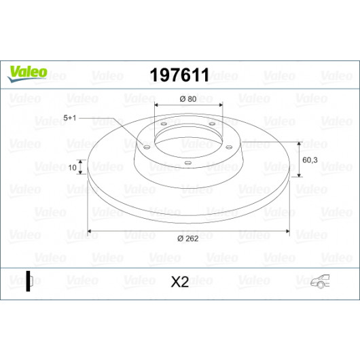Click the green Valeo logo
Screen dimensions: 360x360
pyautogui.click(x=27, y=73)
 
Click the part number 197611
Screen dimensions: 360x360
pyautogui.click(x=179, y=75)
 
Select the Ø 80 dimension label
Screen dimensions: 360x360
pyautogui.click(x=188, y=99)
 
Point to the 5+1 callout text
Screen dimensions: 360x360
pyautogui.click(x=69, y=118)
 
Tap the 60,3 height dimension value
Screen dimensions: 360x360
pyautogui.click(x=310, y=160)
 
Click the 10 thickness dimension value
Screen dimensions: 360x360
pyautogui.click(x=72, y=168)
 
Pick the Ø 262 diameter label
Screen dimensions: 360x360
pyautogui.click(x=187, y=239)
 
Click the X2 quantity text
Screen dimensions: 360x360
pyautogui.click(x=180, y=282)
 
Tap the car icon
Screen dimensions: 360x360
pyautogui.click(x=321, y=281)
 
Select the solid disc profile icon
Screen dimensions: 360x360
pyautogui.click(x=29, y=281)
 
